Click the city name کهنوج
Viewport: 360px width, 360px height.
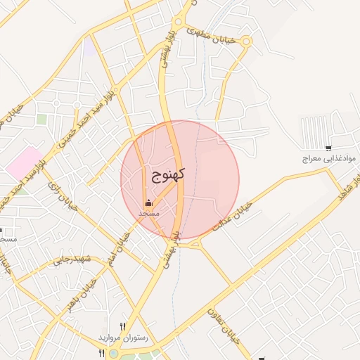tap(167, 175)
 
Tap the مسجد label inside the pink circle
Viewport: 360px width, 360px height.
tap(148, 212)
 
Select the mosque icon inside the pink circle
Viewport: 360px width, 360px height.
tap(148, 203)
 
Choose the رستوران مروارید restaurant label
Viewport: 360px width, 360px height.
tap(125, 338)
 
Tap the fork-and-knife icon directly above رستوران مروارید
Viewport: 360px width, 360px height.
tap(123, 326)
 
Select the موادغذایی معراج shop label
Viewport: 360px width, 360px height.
tap(321, 160)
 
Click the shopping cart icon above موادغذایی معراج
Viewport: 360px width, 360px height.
tap(328, 147)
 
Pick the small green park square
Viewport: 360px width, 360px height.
tap(41, 120)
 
